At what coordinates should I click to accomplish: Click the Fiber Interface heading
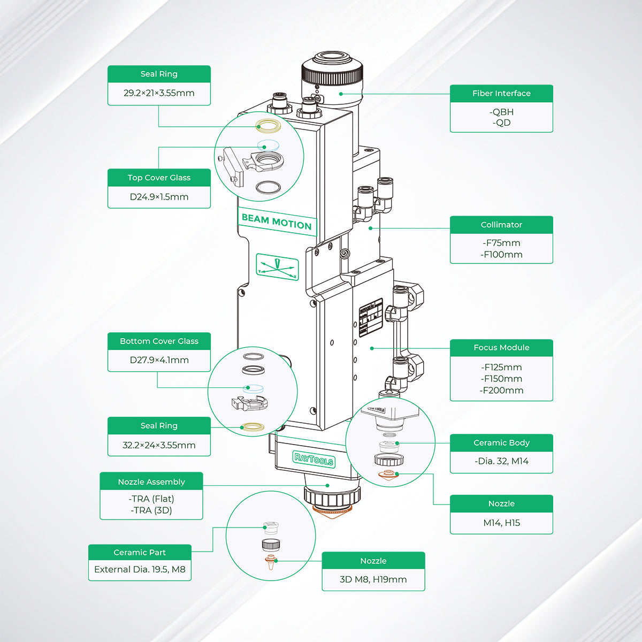tap(501, 93)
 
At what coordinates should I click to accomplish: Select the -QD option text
tap(501, 123)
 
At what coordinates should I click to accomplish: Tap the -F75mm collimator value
tap(501, 243)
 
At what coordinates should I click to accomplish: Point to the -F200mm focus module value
tap(501, 390)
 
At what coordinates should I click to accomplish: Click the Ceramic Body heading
tap(501, 442)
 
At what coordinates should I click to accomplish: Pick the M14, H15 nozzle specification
tap(501, 523)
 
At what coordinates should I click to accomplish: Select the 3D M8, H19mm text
tap(373, 579)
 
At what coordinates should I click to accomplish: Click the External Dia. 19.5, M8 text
tap(140, 569)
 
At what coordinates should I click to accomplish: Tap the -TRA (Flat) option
tap(151, 499)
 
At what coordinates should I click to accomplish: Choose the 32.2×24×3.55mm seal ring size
tap(159, 445)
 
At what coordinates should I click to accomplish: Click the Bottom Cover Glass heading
tap(159, 341)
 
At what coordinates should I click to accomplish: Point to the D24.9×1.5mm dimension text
tap(159, 197)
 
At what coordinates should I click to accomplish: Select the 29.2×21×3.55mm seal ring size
tap(159, 93)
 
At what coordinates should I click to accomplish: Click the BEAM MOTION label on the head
tap(277, 221)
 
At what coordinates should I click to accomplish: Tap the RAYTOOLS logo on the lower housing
tap(314, 460)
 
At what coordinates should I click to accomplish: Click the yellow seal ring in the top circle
tap(269, 125)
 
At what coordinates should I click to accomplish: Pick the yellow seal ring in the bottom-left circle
tap(252, 426)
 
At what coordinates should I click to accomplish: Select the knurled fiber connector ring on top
tap(332, 75)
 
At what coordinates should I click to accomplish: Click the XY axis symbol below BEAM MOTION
tap(277, 266)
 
